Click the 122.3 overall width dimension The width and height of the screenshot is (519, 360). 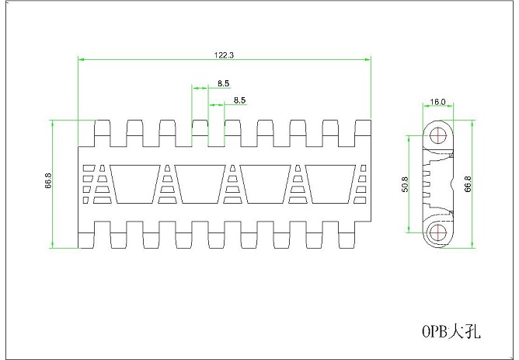224,55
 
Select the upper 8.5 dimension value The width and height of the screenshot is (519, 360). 223,83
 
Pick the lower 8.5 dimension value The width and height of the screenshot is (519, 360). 239,100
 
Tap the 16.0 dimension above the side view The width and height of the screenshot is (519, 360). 438,102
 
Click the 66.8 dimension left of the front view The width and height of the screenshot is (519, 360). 48,184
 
